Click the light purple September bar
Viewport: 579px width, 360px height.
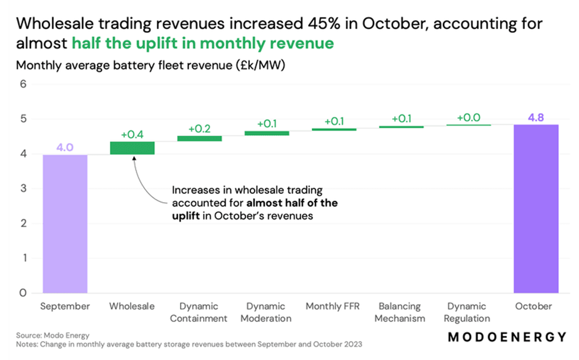coord(65,224)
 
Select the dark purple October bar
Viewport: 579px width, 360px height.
coord(536,209)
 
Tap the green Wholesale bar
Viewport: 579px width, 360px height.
coord(132,148)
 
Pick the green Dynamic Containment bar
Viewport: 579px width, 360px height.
coord(199,138)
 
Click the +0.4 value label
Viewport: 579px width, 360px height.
coord(132,135)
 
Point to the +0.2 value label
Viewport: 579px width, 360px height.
coord(200,129)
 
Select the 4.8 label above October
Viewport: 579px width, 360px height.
coord(536,117)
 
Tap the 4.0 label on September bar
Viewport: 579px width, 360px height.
coord(65,147)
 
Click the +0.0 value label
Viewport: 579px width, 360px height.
coord(469,118)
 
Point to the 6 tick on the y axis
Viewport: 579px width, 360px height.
coord(24,84)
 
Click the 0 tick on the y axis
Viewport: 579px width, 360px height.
coord(24,293)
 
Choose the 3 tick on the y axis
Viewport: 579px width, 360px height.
coord(24,189)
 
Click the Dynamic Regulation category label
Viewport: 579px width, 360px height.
coord(469,312)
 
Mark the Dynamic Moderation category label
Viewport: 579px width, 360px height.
coord(267,312)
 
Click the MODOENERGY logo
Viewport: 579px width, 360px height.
coord(507,337)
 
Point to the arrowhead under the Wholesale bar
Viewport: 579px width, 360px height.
coord(134,158)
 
